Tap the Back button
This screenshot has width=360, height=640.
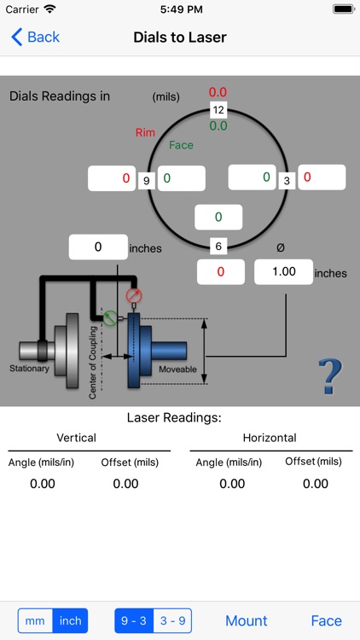tap(35, 37)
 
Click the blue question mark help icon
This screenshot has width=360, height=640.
tap(329, 376)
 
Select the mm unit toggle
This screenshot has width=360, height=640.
tap(35, 620)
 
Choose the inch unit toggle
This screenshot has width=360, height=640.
tap(70, 620)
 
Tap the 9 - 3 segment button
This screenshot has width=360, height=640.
tap(133, 620)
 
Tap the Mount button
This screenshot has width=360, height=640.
tap(246, 620)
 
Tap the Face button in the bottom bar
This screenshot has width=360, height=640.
tap(326, 620)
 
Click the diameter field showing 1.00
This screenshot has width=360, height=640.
tap(283, 272)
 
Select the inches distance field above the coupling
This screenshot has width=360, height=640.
tap(98, 247)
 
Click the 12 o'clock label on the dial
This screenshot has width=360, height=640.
tap(218, 109)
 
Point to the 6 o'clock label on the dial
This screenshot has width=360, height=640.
tap(218, 247)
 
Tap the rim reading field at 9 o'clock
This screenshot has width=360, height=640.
tap(111, 179)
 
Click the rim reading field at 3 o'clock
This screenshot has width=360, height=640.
tap(322, 177)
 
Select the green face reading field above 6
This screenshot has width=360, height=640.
tap(218, 218)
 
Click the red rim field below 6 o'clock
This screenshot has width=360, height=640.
tap(220, 272)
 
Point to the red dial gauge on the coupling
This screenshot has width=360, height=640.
tap(133, 296)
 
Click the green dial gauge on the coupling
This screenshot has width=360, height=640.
tap(110, 317)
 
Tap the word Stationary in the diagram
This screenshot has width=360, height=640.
tap(30, 369)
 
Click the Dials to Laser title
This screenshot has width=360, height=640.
tap(180, 37)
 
